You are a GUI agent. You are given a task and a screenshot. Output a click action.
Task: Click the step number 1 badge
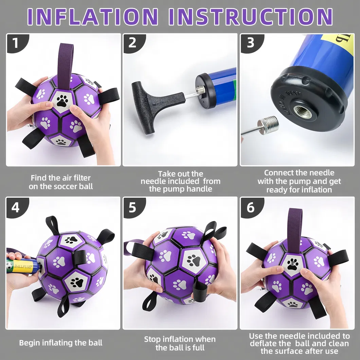pos(16,43)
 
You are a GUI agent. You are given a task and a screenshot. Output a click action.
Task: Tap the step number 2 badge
pos(133,43)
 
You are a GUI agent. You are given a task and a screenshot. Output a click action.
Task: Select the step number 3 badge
pos(250,43)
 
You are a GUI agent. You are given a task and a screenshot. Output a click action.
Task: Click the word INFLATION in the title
pos(93,17)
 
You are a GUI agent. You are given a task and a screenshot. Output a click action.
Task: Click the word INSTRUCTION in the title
pos(251,17)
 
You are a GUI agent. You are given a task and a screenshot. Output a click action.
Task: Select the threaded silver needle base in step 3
pos(268,125)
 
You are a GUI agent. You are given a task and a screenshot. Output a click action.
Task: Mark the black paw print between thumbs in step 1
pos(62,101)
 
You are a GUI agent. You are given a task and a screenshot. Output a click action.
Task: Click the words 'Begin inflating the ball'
pos(60,343)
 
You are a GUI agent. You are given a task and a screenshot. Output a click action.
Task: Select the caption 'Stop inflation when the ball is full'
pos(180,343)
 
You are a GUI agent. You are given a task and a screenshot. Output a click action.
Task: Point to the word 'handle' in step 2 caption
pos(199,189)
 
